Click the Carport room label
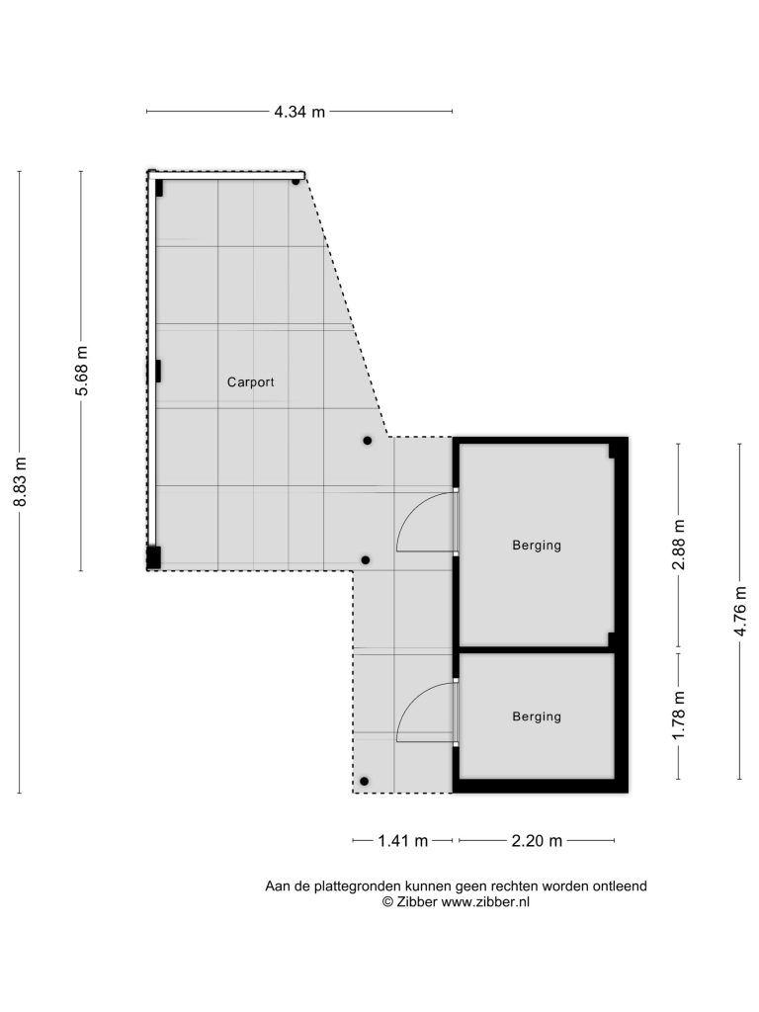pyautogui.click(x=250, y=382)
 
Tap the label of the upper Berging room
pyautogui.click(x=537, y=546)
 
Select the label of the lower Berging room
pyautogui.click(x=537, y=717)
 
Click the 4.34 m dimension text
pyautogui.click(x=299, y=112)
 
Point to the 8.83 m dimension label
pyautogui.click(x=21, y=481)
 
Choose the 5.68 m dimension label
pyautogui.click(x=81, y=372)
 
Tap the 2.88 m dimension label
pyautogui.click(x=678, y=545)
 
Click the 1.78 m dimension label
pyautogui.click(x=678, y=716)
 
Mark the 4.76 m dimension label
pyautogui.click(x=740, y=611)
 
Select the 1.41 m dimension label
pyautogui.click(x=403, y=841)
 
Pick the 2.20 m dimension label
pyautogui.click(x=537, y=841)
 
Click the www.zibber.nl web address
pyautogui.click(x=485, y=902)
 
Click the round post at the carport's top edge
pyautogui.click(x=295, y=182)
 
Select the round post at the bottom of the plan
pyautogui.click(x=364, y=782)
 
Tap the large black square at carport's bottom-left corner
pyautogui.click(x=153, y=557)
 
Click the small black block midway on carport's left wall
pyautogui.click(x=158, y=372)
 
